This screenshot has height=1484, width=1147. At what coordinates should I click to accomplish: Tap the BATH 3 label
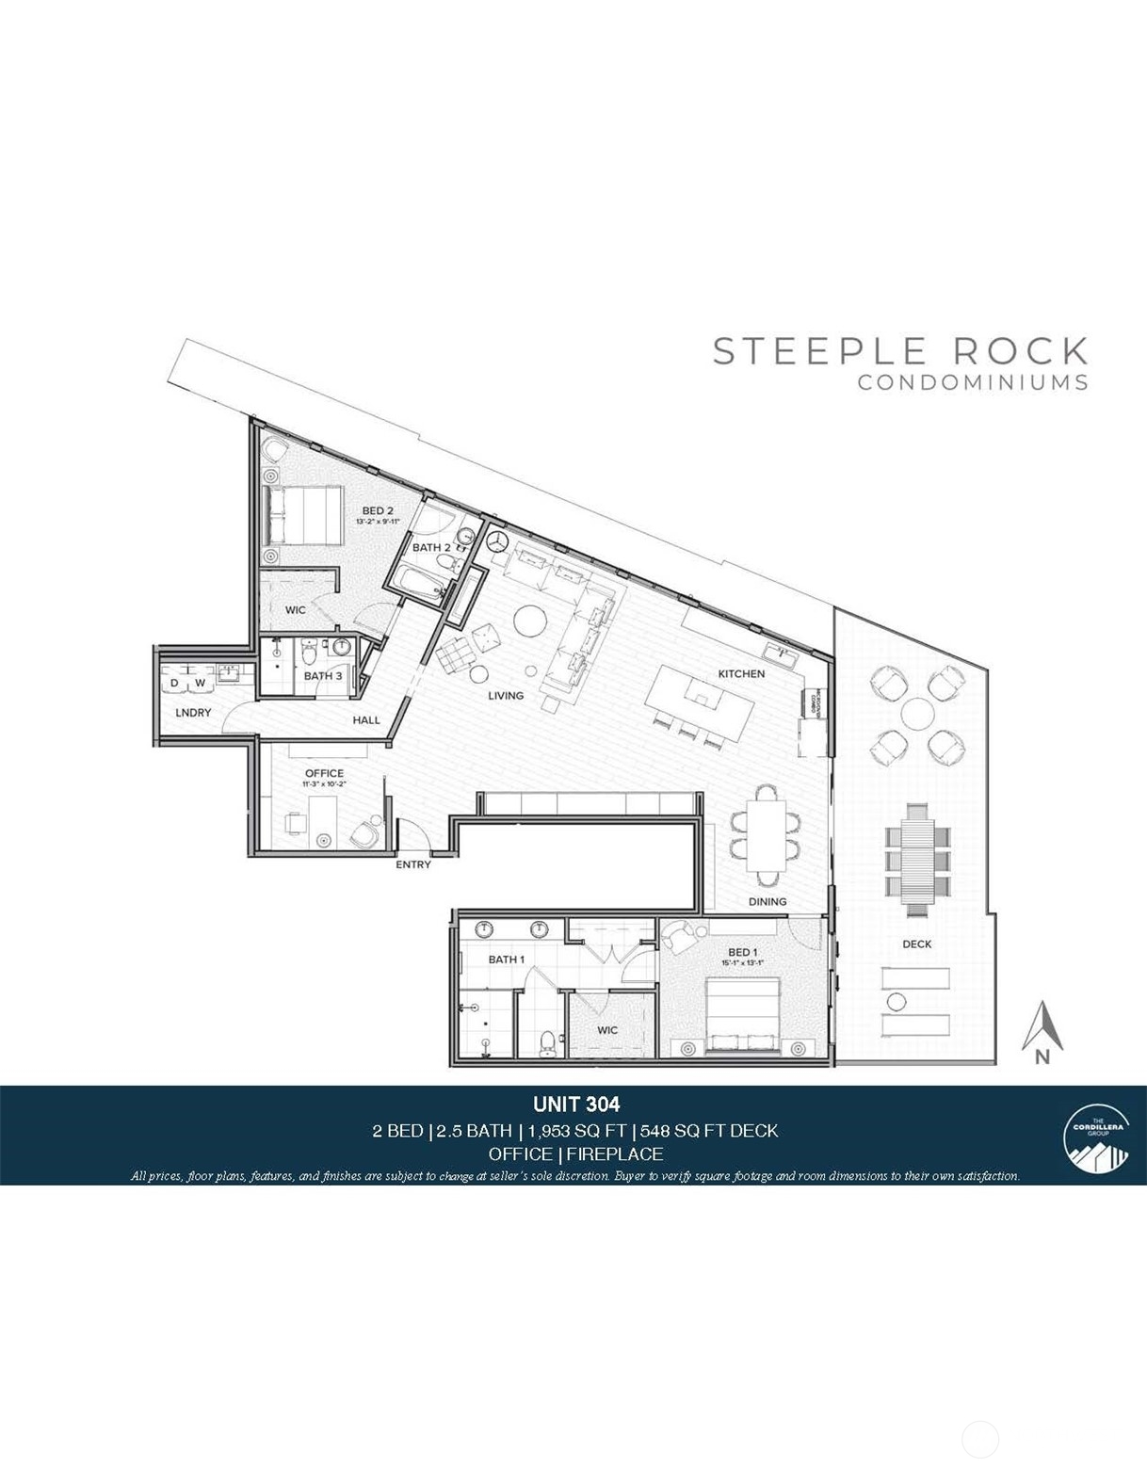(323, 675)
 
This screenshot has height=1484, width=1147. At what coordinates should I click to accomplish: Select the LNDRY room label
(193, 713)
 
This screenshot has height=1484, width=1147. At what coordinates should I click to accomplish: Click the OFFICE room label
(324, 773)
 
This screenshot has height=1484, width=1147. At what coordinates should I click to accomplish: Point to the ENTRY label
(413, 864)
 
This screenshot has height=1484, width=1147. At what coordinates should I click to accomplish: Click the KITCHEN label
(741, 673)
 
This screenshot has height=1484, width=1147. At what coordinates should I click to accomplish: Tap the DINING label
(767, 901)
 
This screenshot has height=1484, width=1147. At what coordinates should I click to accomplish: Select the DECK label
(916, 944)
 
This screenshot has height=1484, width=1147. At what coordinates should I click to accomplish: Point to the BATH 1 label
(506, 959)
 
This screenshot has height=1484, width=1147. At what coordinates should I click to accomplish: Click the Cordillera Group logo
(1091, 1134)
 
